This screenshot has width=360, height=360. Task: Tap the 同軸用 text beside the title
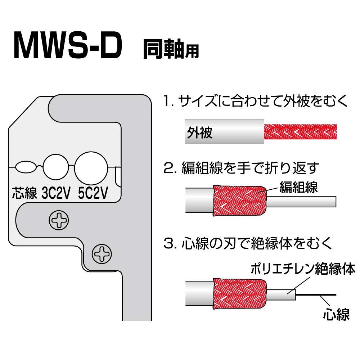coord(171,49)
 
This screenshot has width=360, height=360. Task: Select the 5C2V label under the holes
coord(93,193)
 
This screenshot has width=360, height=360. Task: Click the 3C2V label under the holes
coord(56,193)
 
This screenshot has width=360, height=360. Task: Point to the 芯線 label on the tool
coord(24,193)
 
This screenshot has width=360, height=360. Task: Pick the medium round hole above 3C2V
coord(56,167)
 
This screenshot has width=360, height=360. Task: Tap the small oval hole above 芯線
coord(26,167)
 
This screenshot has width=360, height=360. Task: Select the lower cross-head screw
coord(102,254)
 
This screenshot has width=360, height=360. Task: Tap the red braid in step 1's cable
coord(300,132)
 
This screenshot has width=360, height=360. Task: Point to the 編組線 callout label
coord(298,187)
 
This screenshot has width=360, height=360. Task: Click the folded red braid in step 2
coord(240,201)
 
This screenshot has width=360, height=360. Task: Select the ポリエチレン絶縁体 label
coord(303,269)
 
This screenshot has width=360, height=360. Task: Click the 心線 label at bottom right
coord(336,315)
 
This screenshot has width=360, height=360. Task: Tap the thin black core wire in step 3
coord(316,294)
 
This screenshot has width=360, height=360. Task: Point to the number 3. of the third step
coord(170,243)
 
